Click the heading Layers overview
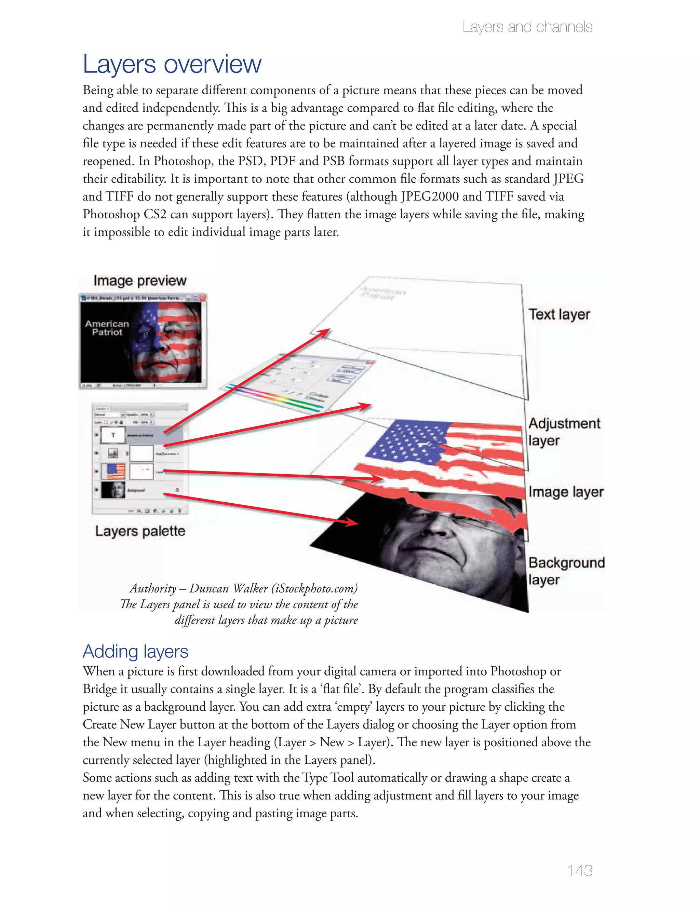[x=172, y=64]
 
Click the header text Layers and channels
[x=527, y=27]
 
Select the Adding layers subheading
[x=135, y=651]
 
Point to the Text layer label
[x=559, y=314]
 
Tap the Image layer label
[x=565, y=492]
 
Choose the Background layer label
[x=566, y=571]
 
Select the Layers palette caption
[x=140, y=531]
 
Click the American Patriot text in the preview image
[x=107, y=328]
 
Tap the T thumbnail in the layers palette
[x=113, y=435]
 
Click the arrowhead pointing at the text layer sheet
[x=323, y=333]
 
